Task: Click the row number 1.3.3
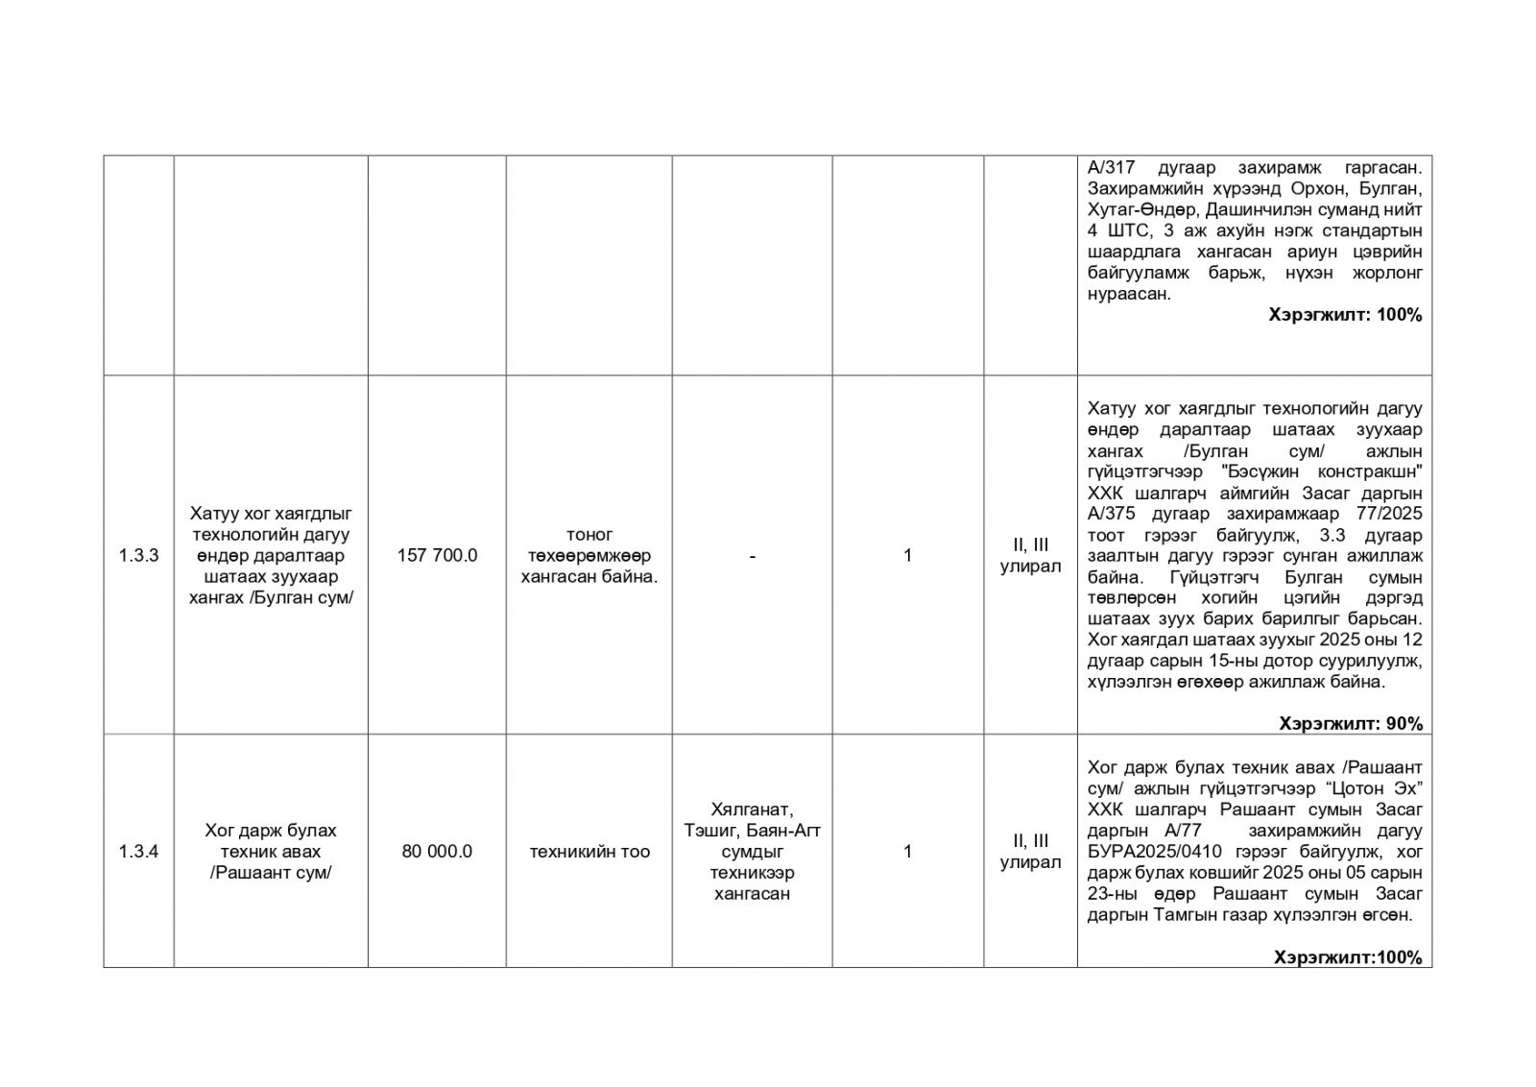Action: pos(138,555)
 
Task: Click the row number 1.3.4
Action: pos(138,851)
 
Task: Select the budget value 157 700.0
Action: pos(437,555)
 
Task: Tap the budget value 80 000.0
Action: pos(437,851)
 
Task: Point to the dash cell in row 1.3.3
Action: pos(752,555)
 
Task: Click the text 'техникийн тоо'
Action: pos(589,851)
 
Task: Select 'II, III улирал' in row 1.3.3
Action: pos(1030,555)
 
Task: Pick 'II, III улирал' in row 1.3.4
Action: pos(1030,851)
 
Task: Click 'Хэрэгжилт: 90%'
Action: pos(1351,723)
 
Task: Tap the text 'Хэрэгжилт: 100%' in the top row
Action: pos(1345,314)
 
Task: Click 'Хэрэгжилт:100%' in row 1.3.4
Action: pos(1348,956)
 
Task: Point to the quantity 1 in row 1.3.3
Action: pos(907,555)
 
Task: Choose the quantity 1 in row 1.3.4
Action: pos(907,851)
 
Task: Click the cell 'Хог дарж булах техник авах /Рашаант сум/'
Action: pos(271,851)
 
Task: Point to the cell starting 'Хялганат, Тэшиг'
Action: pos(752,851)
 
